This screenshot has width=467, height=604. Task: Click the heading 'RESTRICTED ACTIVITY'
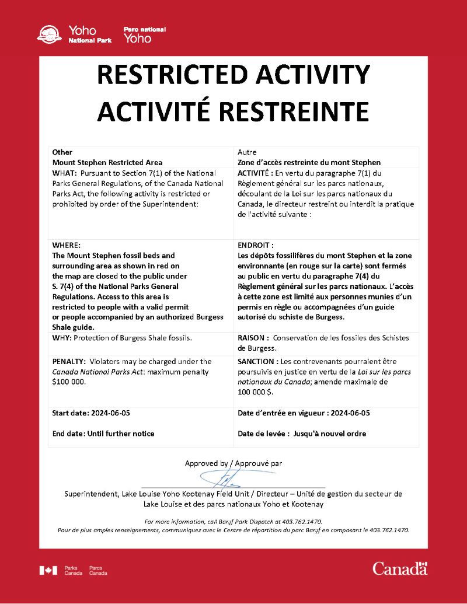pyautogui.click(x=233, y=75)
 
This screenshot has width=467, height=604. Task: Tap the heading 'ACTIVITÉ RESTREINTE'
pyautogui.click(x=233, y=111)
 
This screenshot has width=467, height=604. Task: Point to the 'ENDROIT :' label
pyautogui.click(x=256, y=246)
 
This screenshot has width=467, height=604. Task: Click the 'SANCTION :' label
pyautogui.click(x=259, y=361)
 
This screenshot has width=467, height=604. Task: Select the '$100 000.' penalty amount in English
pyautogui.click(x=68, y=382)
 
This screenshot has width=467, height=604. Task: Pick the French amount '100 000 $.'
pyautogui.click(x=256, y=392)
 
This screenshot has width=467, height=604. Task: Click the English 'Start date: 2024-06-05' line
pyautogui.click(x=91, y=413)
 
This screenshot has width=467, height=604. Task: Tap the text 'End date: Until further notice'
pyautogui.click(x=103, y=434)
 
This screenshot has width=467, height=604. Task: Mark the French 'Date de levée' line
pyautogui.click(x=302, y=434)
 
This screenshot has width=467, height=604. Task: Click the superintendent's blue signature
pyautogui.click(x=225, y=480)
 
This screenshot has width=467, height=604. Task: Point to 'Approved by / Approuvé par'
pyautogui.click(x=233, y=463)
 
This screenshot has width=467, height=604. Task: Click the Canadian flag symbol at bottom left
pyautogui.click(x=48, y=570)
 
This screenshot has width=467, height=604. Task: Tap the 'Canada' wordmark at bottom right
pyautogui.click(x=400, y=568)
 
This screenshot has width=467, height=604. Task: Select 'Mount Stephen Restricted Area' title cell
pyautogui.click(x=107, y=162)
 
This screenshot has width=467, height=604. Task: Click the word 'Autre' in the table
pyautogui.click(x=248, y=152)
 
